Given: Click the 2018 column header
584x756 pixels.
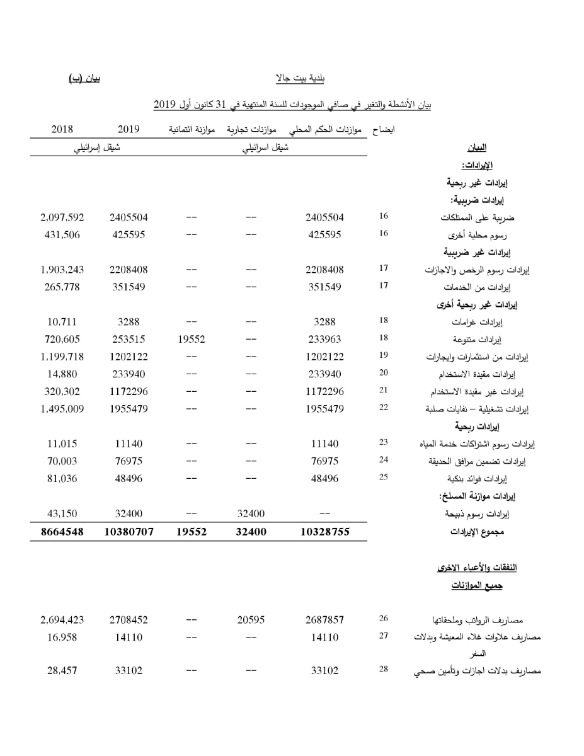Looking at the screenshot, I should click(x=62, y=129).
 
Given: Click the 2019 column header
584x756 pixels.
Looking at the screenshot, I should click(x=128, y=129).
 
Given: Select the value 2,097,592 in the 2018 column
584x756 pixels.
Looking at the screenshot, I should click(x=62, y=217).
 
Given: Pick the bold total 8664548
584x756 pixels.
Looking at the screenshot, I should click(x=62, y=532).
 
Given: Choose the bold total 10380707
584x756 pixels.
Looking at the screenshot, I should click(x=128, y=532).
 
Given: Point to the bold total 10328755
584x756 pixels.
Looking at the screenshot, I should click(x=324, y=532).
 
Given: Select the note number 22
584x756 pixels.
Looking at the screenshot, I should click(x=384, y=408).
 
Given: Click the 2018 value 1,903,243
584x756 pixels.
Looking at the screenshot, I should click(x=62, y=270).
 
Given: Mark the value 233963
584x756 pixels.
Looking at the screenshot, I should click(x=324, y=338).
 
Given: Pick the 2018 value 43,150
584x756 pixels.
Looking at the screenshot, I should click(x=62, y=514).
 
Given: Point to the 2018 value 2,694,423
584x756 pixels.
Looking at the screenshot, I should click(x=62, y=620).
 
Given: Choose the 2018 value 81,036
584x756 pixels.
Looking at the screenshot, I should click(x=62, y=479).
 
